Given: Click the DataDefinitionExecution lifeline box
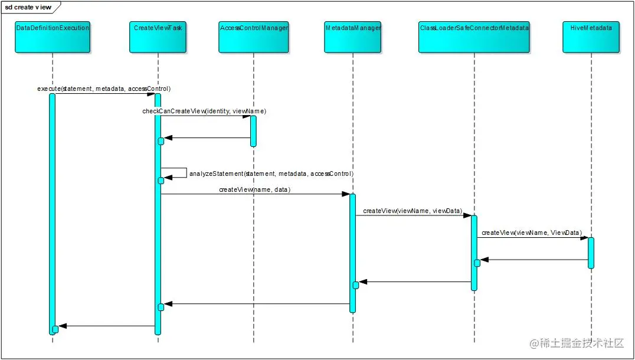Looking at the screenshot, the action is pos(53,37).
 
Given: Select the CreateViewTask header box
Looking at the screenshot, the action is pos(158,37).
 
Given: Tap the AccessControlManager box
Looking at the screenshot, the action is pos(253,37).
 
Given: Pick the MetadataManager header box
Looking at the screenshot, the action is pos(353,37).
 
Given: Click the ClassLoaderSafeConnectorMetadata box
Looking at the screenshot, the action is pos(474,37).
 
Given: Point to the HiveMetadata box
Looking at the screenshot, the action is pos(591,37).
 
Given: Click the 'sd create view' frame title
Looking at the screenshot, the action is pos(28,7).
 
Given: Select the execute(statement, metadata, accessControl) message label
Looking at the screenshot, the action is pos(104,89).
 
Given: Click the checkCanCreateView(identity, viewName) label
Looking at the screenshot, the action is pos(204,111).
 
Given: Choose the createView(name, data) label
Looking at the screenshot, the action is pos(255,189).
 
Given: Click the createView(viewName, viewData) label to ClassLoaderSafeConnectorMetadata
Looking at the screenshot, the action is pos(413,211).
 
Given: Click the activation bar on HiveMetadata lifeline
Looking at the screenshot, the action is pos(591,252).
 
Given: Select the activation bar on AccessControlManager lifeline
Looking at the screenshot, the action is pos(253,130).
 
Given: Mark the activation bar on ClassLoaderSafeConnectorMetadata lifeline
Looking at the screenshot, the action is pos(474,253).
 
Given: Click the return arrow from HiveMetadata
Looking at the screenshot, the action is pos(534,260).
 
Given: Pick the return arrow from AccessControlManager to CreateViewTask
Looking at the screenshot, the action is pos(207,138).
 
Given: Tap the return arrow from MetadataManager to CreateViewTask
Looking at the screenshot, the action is pos(257,304).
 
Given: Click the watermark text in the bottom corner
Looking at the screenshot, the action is pos(577,343).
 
